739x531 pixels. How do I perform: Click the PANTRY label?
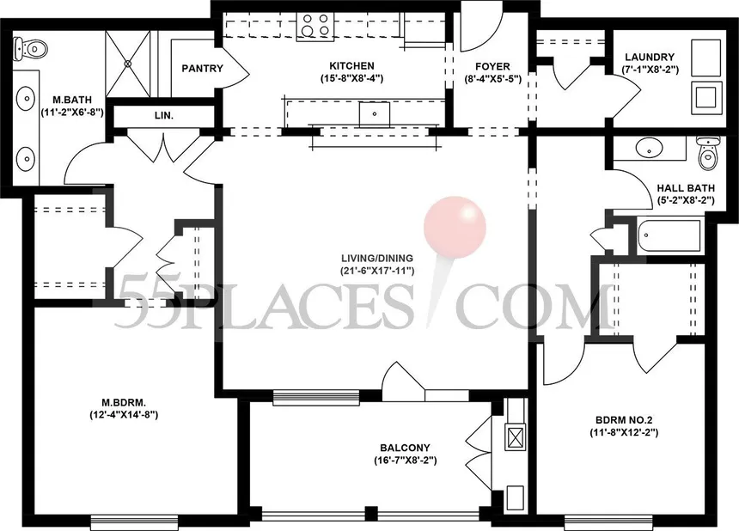202,69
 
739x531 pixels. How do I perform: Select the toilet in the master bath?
31,48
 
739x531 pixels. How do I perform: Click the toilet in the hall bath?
708,153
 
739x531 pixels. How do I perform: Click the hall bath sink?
650,148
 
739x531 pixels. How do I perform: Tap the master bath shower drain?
128,63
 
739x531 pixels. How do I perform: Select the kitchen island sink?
375,114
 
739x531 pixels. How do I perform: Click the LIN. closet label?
164,115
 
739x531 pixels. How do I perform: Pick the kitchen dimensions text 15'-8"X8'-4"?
351,78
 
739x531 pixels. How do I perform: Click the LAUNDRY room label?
650,58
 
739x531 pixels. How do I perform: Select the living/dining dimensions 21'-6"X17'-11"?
377,271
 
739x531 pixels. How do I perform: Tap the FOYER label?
492,67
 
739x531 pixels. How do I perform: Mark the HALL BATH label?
686,188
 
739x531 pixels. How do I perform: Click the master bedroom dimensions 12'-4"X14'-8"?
124,415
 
